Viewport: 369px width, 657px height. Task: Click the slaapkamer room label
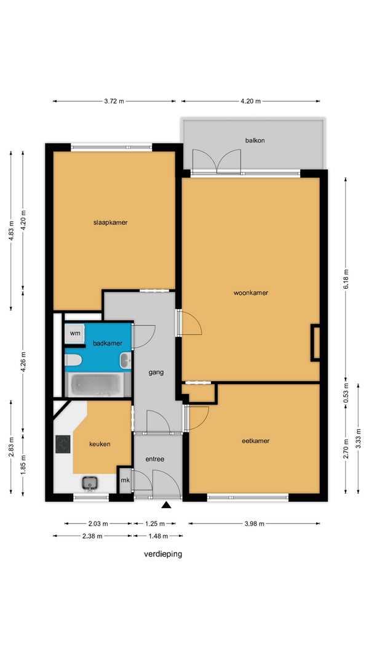pyautogui.click(x=111, y=222)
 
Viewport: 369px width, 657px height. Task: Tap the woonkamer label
pyautogui.click(x=250, y=293)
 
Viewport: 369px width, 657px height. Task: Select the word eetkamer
pyautogui.click(x=256, y=441)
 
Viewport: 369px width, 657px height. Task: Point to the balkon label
pyautogui.click(x=255, y=140)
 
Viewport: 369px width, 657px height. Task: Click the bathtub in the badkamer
pyautogui.click(x=97, y=385)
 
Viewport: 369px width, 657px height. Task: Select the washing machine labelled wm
pyautogui.click(x=75, y=334)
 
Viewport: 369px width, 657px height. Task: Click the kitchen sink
pyautogui.click(x=90, y=483)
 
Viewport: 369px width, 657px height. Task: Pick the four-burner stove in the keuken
pyautogui.click(x=63, y=444)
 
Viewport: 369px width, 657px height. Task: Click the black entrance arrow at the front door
pyautogui.click(x=167, y=505)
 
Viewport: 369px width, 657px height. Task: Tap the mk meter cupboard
pyautogui.click(x=125, y=480)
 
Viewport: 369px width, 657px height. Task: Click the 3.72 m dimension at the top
pyautogui.click(x=114, y=101)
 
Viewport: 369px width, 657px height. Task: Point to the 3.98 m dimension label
pyautogui.click(x=255, y=523)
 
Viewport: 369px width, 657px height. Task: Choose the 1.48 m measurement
pyautogui.click(x=157, y=536)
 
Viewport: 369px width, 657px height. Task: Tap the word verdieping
pyautogui.click(x=163, y=554)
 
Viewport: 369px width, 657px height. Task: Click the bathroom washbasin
pyautogui.click(x=125, y=361)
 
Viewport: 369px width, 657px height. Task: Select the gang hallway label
pyautogui.click(x=156, y=372)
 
